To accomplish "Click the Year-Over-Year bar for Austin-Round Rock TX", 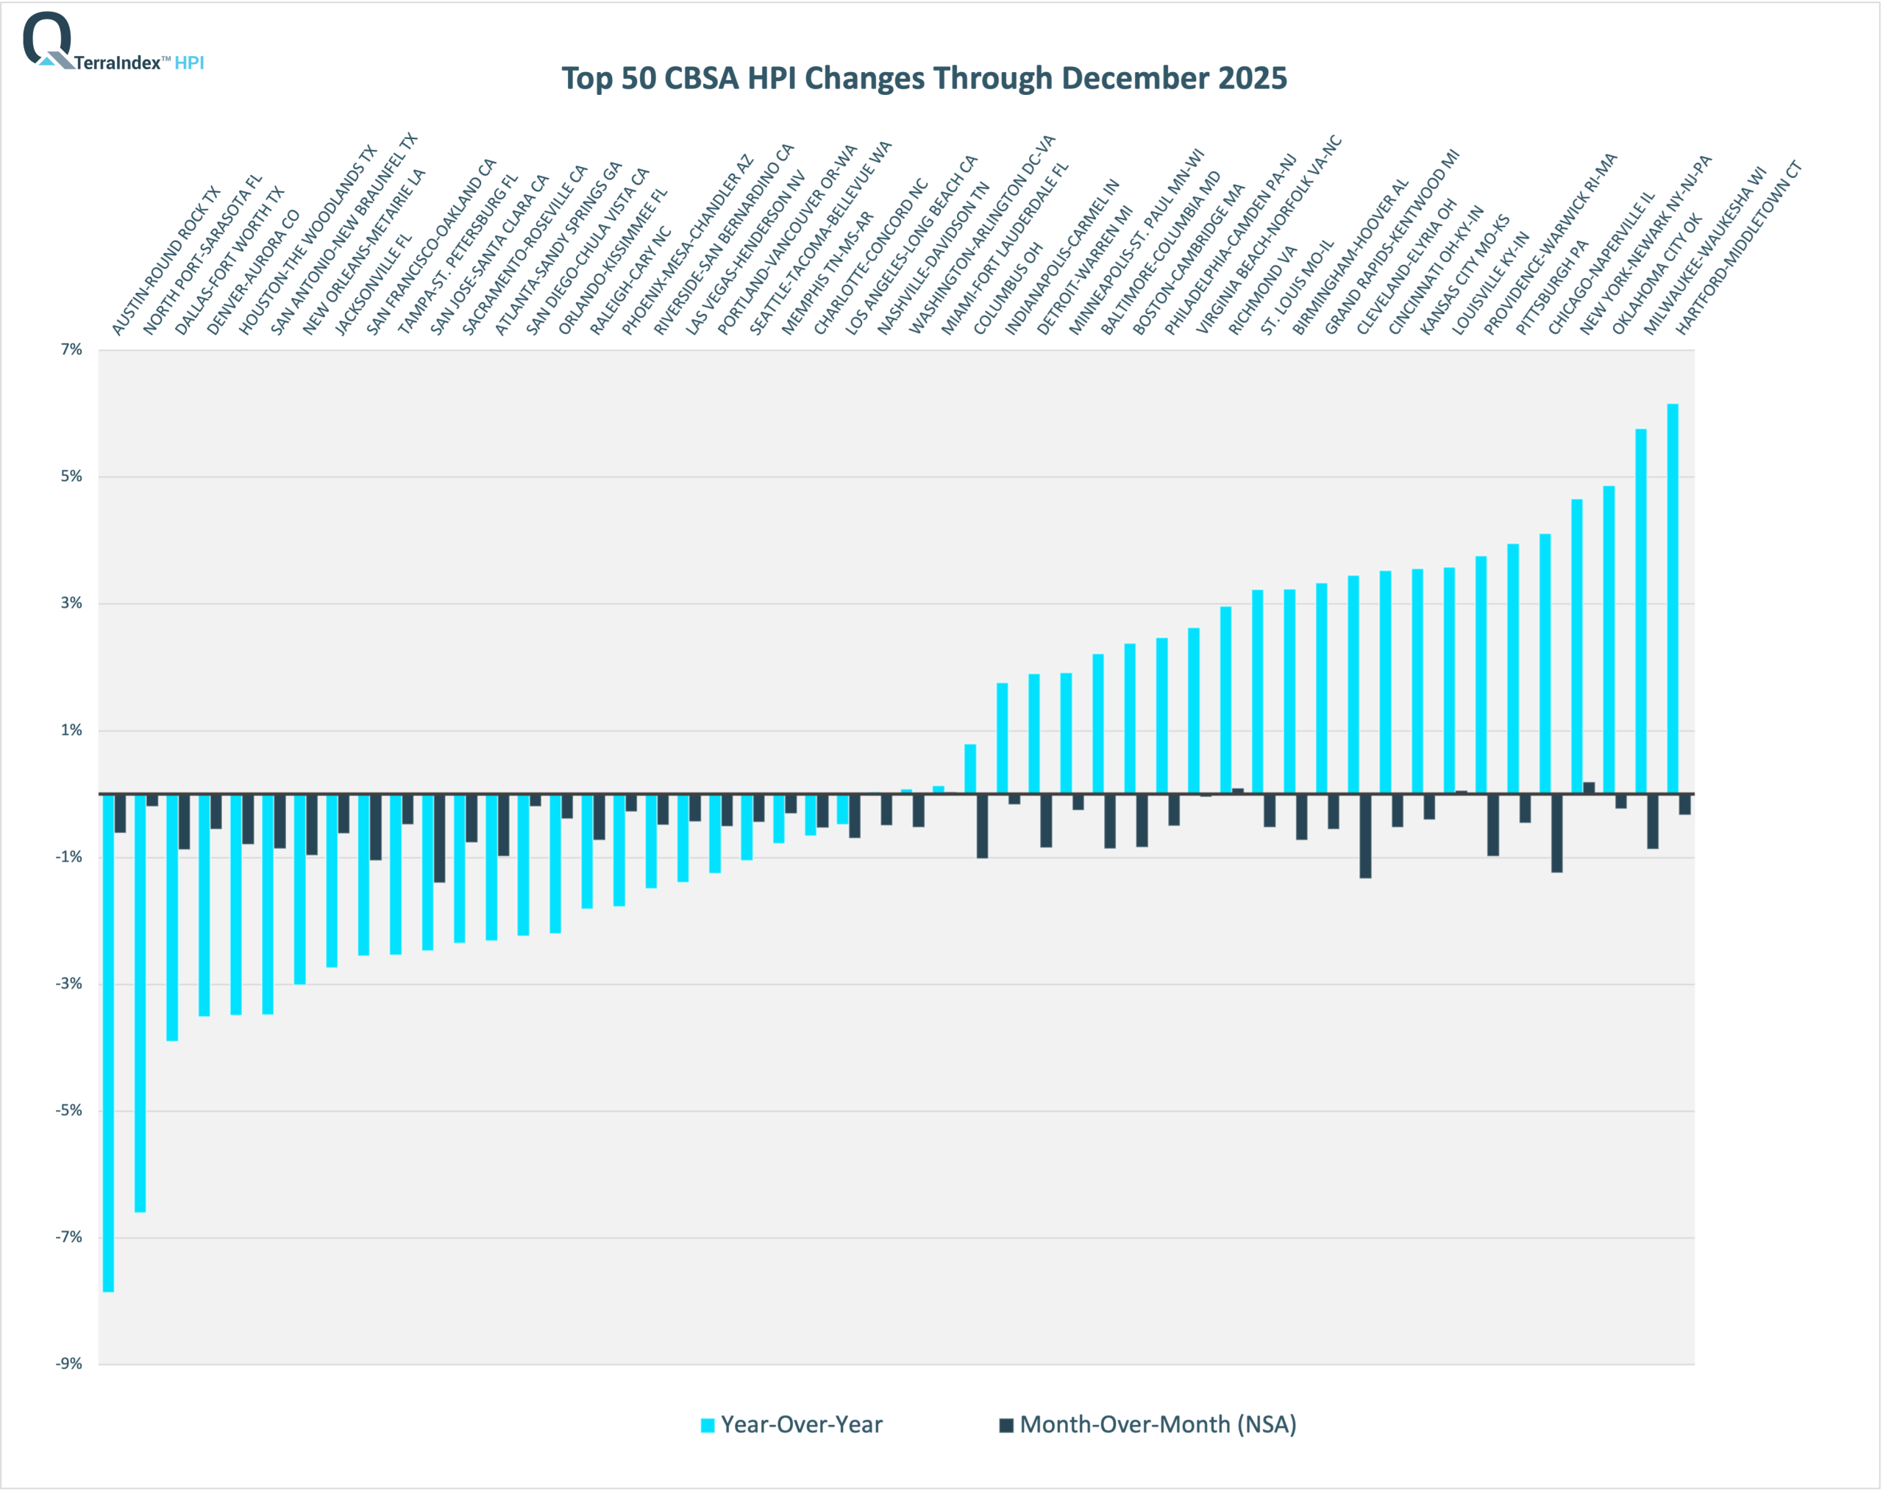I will [108, 1040].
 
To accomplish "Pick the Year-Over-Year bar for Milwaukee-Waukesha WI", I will [1641, 611].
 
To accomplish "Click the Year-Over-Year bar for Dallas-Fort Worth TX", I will [172, 917].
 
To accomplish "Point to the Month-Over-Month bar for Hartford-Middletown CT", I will [1684, 803].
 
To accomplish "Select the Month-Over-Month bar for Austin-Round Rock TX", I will [121, 812].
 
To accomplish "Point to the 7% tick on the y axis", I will [71, 349].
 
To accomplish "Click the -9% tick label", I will [70, 1363].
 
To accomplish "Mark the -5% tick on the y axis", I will [70, 1110].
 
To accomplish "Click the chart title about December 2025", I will [924, 78].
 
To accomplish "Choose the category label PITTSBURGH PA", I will [1551, 288].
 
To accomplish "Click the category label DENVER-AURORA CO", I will [253, 271].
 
